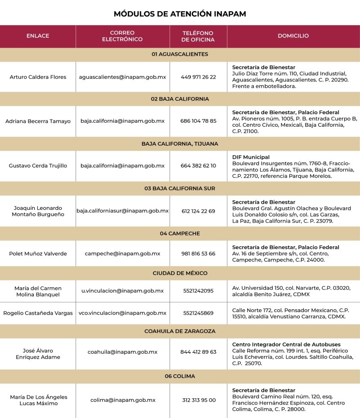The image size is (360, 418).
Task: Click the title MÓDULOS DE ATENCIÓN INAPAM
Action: tap(180, 14)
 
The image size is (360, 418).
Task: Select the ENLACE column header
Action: tap(38, 36)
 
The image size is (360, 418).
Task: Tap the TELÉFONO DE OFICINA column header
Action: tap(198, 36)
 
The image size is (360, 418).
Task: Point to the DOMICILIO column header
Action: tap(293, 36)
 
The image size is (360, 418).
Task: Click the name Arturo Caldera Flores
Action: tap(38, 77)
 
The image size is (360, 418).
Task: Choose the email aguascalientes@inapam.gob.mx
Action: tap(122, 77)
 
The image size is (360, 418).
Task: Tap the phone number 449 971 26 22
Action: tap(198, 77)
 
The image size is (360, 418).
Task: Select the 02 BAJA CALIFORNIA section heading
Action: tap(180, 99)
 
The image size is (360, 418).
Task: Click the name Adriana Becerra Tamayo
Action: tap(38, 121)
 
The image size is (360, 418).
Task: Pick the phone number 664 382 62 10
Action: tap(198, 165)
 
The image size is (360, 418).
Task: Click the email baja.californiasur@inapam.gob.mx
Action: tap(122, 210)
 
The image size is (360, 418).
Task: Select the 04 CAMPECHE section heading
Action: tap(180, 234)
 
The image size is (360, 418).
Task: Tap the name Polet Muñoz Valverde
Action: tap(38, 253)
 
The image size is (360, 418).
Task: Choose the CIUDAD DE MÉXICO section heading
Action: tap(180, 273)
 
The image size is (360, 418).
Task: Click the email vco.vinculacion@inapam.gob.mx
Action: tap(122, 313)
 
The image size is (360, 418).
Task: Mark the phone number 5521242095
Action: tap(198, 291)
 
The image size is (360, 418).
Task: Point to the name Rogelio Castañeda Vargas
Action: tap(38, 313)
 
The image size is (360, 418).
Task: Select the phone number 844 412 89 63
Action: tap(198, 352)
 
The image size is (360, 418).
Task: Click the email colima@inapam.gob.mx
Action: tap(122, 400)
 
